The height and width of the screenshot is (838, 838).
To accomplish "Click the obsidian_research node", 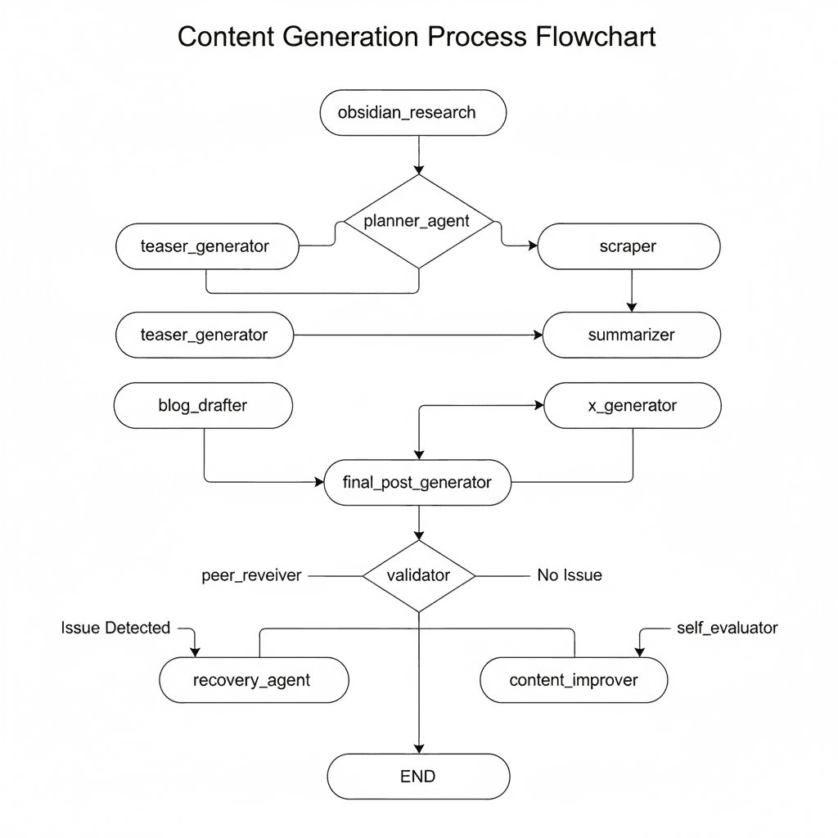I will click(x=411, y=113).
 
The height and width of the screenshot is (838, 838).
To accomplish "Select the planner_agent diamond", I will click(x=418, y=222).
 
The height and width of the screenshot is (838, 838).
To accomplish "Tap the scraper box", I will click(x=628, y=246).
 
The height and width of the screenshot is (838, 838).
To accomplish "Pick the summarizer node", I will click(x=631, y=335).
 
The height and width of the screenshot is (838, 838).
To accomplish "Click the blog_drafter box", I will click(x=203, y=405).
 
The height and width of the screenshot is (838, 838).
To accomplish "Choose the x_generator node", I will click(x=633, y=405).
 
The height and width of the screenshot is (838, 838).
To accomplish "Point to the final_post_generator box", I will click(x=418, y=482).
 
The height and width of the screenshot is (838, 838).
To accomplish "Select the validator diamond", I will click(x=418, y=575).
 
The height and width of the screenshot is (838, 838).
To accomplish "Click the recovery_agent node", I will click(x=252, y=680).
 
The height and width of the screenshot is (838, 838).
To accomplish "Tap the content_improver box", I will click(x=574, y=680).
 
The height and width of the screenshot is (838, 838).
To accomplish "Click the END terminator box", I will click(x=418, y=777).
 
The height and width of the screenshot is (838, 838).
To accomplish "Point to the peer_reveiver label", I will click(x=251, y=575).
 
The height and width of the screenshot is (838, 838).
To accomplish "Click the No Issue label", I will click(x=570, y=575).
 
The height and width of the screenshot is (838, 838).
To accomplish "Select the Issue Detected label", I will click(x=115, y=628).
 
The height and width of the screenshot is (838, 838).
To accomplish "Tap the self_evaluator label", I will click(x=728, y=628).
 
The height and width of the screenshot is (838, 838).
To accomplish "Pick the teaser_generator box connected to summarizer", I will click(x=205, y=335).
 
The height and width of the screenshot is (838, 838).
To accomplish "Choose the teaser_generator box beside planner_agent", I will click(x=206, y=246).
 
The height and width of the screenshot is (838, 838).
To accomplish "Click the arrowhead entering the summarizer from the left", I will click(x=537, y=335).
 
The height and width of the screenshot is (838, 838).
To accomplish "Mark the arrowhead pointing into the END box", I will click(x=418, y=748).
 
